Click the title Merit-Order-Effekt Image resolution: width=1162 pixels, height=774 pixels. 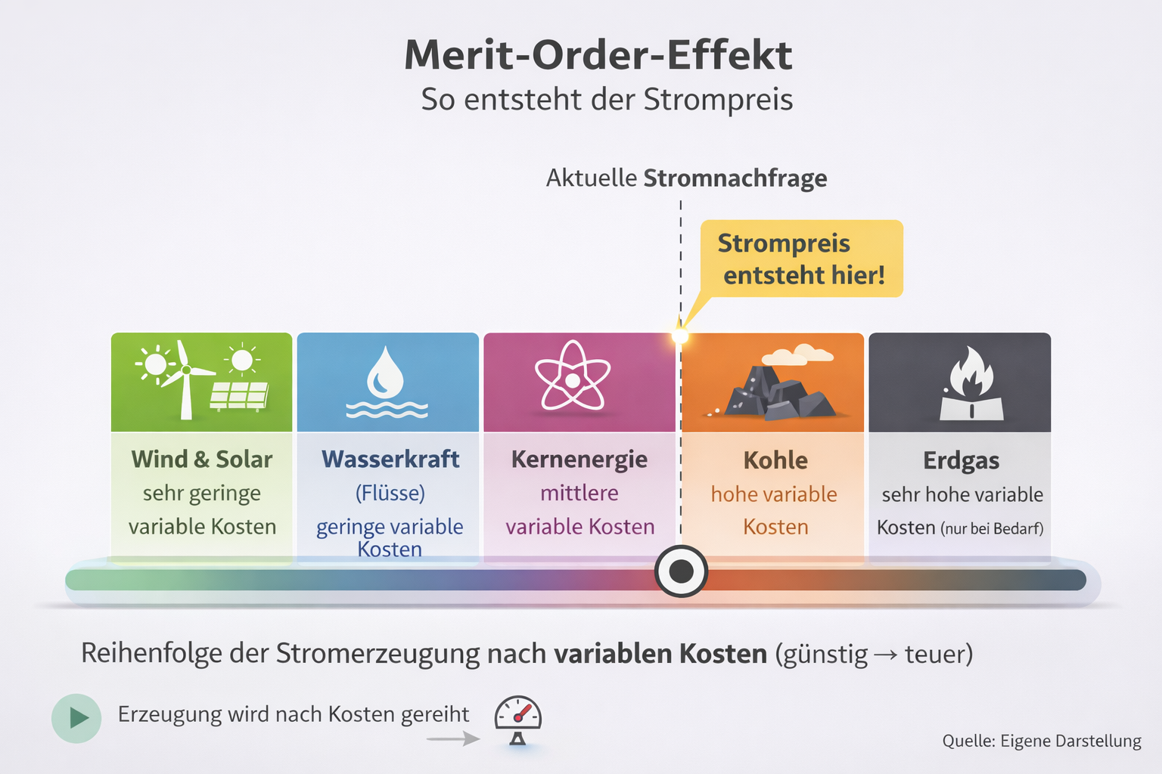coord(598,55)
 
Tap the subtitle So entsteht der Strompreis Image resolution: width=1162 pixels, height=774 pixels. coord(607,100)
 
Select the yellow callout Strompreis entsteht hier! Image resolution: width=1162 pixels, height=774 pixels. coord(802,259)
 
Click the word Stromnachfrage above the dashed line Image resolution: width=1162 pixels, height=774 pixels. coord(735,178)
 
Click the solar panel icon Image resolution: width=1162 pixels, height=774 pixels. coord(239,395)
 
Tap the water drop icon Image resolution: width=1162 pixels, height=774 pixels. coord(386,373)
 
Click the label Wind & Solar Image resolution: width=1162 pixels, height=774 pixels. coord(202,460)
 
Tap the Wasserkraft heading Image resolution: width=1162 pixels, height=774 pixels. coord(390,460)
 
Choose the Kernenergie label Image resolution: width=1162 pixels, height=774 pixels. coord(579,460)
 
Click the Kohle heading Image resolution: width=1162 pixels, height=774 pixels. coord(775,460)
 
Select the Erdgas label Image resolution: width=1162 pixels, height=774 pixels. coord(961,460)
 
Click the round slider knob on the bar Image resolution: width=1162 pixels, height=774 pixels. coord(681,571)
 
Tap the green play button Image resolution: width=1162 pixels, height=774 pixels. coord(76,718)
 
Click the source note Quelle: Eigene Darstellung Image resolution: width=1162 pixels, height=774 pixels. coord(1042,741)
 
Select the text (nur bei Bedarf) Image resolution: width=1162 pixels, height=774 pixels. coord(992,528)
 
